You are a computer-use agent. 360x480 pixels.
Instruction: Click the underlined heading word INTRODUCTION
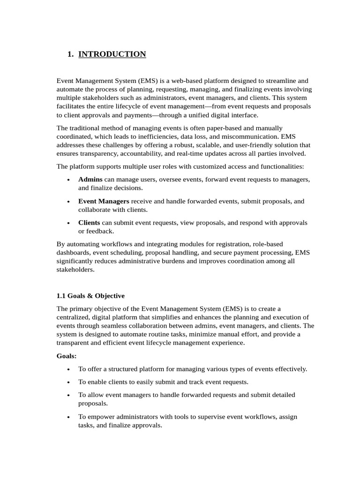tap(112, 54)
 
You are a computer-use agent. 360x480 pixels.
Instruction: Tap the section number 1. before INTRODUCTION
tap(71, 54)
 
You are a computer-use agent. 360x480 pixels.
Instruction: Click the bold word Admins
tap(90, 180)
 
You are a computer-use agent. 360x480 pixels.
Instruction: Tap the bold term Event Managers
tap(104, 201)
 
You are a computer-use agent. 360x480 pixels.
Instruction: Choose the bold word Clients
tap(89, 223)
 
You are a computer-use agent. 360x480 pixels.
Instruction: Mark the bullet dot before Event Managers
tap(68, 202)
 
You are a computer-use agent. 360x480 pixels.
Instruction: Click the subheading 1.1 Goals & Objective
tap(90, 296)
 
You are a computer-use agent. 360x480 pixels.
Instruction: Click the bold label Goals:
tap(67, 356)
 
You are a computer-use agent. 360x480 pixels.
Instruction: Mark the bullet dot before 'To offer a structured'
tap(68, 369)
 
